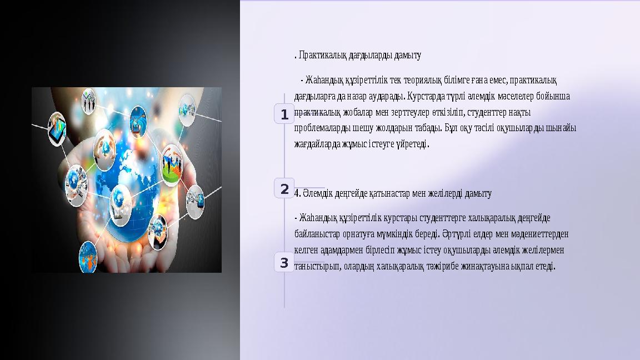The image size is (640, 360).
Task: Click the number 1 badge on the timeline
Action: (284, 115)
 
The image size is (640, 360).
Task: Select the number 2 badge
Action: (284, 189)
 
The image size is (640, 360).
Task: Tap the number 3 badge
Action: (284, 263)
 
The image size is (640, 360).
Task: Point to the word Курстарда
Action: (426, 96)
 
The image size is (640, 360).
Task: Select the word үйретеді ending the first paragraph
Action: (412, 144)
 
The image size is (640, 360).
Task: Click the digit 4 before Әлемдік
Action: (297, 193)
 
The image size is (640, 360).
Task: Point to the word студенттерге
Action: (431, 217)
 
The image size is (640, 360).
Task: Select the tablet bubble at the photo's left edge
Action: (57, 129)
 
